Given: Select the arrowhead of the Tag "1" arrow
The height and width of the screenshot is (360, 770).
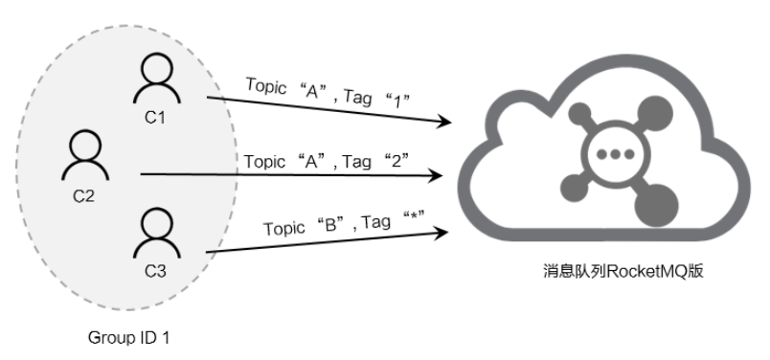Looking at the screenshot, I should tap(444, 123).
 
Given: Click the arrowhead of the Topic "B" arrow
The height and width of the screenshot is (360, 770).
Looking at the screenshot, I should tap(443, 230).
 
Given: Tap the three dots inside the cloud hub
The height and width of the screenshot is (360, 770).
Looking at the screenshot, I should tap(609, 154).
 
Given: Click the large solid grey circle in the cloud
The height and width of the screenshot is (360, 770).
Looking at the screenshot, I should tap(657, 201).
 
